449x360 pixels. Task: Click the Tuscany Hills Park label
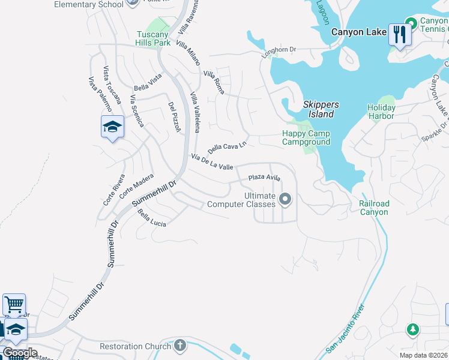click(154, 38)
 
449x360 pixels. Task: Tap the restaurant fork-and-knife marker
click(399, 34)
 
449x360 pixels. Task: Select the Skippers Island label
click(318, 109)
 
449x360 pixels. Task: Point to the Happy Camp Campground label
click(306, 137)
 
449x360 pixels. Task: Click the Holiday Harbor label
click(381, 112)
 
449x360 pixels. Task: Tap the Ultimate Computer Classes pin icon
click(286, 199)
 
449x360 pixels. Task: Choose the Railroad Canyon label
click(374, 208)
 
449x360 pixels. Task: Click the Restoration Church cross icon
click(181, 346)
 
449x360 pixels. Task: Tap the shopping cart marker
click(14, 304)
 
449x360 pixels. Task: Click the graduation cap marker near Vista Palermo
click(112, 127)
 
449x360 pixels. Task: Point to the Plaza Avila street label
click(265, 178)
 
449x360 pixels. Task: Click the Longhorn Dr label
click(279, 53)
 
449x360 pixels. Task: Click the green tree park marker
click(412, 329)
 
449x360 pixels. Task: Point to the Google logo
click(19, 353)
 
